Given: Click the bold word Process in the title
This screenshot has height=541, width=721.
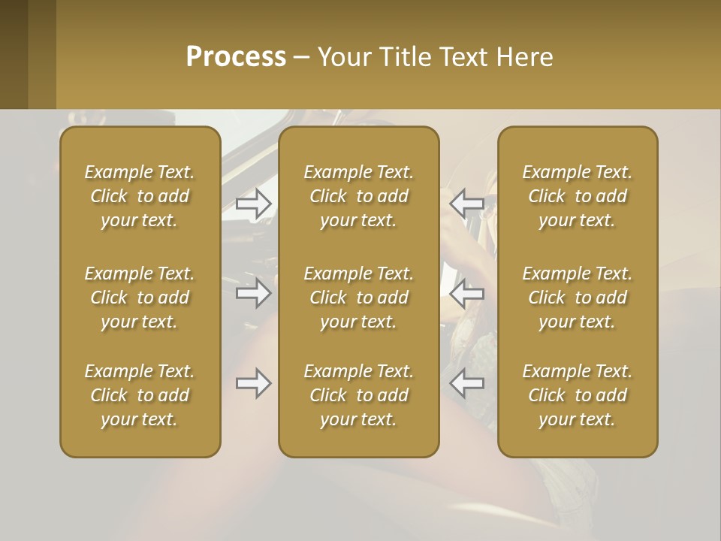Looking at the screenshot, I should pyautogui.click(x=236, y=57).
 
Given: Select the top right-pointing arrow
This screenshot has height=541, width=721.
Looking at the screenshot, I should pyautogui.click(x=254, y=204).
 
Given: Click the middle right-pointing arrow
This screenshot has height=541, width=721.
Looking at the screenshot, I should pyautogui.click(x=254, y=293).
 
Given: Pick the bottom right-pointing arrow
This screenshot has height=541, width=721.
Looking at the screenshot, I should pyautogui.click(x=254, y=383).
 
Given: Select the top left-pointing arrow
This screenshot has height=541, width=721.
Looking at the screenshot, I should pyautogui.click(x=466, y=202).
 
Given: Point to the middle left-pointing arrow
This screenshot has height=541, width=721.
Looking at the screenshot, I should pyautogui.click(x=466, y=293).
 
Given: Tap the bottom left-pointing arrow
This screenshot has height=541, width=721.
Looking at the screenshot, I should pyautogui.click(x=466, y=383).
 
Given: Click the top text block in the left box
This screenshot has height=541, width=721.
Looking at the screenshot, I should pyautogui.click(x=140, y=196).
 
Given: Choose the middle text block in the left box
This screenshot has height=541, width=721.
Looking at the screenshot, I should pyautogui.click(x=140, y=298).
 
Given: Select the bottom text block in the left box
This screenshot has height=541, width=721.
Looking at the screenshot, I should pyautogui.click(x=140, y=395).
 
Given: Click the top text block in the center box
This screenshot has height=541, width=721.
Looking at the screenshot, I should pyautogui.click(x=358, y=196).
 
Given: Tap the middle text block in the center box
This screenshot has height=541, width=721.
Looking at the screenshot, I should pyautogui.click(x=358, y=298).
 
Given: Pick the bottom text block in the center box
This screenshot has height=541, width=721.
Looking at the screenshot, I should pyautogui.click(x=358, y=395).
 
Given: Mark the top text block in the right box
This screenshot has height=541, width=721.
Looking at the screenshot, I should pyautogui.click(x=577, y=196).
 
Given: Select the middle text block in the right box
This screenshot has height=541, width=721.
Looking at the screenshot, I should pyautogui.click(x=577, y=298).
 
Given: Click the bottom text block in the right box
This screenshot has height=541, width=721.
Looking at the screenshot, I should pyautogui.click(x=577, y=395).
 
